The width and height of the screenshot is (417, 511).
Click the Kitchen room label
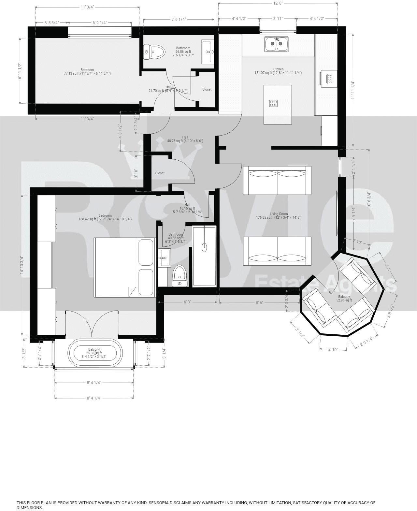tap(278, 69)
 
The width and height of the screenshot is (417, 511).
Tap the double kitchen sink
tap(277, 44)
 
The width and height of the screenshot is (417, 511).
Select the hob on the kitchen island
tap(273, 103)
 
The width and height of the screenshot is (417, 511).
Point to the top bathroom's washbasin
tap(208, 52)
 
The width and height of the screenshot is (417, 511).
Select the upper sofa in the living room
tap(277, 180)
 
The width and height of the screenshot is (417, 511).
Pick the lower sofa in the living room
tap(277, 251)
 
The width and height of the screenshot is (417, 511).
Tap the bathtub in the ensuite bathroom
tap(204, 256)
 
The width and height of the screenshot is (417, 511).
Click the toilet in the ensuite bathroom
tap(179, 276)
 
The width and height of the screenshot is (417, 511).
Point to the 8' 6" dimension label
tap(259, 302)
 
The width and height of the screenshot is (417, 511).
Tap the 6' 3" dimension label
tap(187, 302)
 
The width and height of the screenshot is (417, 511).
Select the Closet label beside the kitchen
tap(207, 89)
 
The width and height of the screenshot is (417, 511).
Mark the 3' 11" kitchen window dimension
tap(278, 19)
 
